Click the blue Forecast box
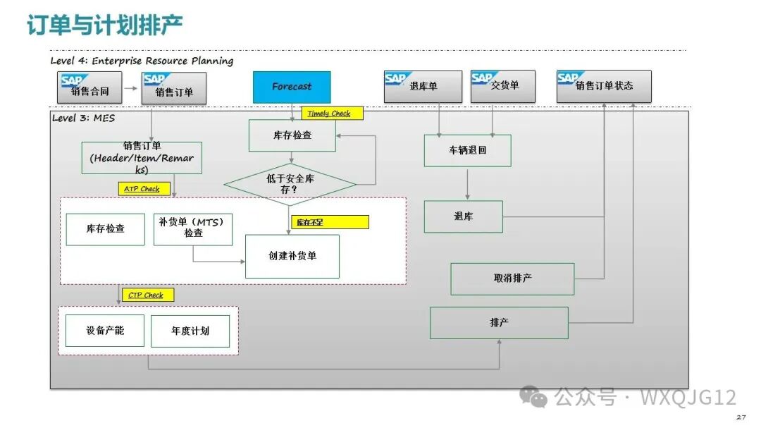[292, 87]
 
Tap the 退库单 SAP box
[423, 87]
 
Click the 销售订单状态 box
[603, 86]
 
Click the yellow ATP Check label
[142, 189]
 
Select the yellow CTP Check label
[147, 295]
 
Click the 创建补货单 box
[292, 256]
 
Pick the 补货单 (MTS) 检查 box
[193, 228]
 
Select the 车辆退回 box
[467, 150]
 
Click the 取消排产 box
[512, 279]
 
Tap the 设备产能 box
[105, 330]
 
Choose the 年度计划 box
[190, 331]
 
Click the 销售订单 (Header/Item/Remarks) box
[142, 158]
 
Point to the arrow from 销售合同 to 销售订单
[130, 89]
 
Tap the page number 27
[741, 418]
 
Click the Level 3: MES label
[83, 118]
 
